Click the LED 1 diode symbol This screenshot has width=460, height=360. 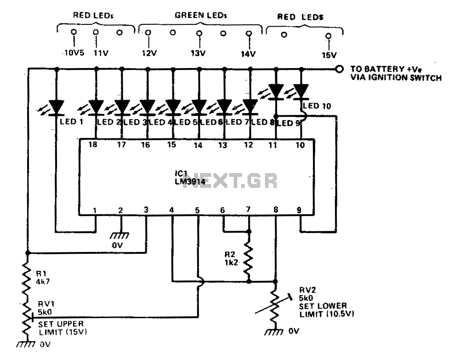57,107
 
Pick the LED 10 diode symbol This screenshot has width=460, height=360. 301,91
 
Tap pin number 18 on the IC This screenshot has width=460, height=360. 96,145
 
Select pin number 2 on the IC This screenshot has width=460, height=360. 120,210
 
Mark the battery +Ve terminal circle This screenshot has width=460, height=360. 339,69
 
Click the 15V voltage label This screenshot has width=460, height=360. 328,54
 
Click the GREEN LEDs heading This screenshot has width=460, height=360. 201,15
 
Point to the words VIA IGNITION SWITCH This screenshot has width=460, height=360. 396,78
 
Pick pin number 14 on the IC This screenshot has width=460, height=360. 199,145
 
